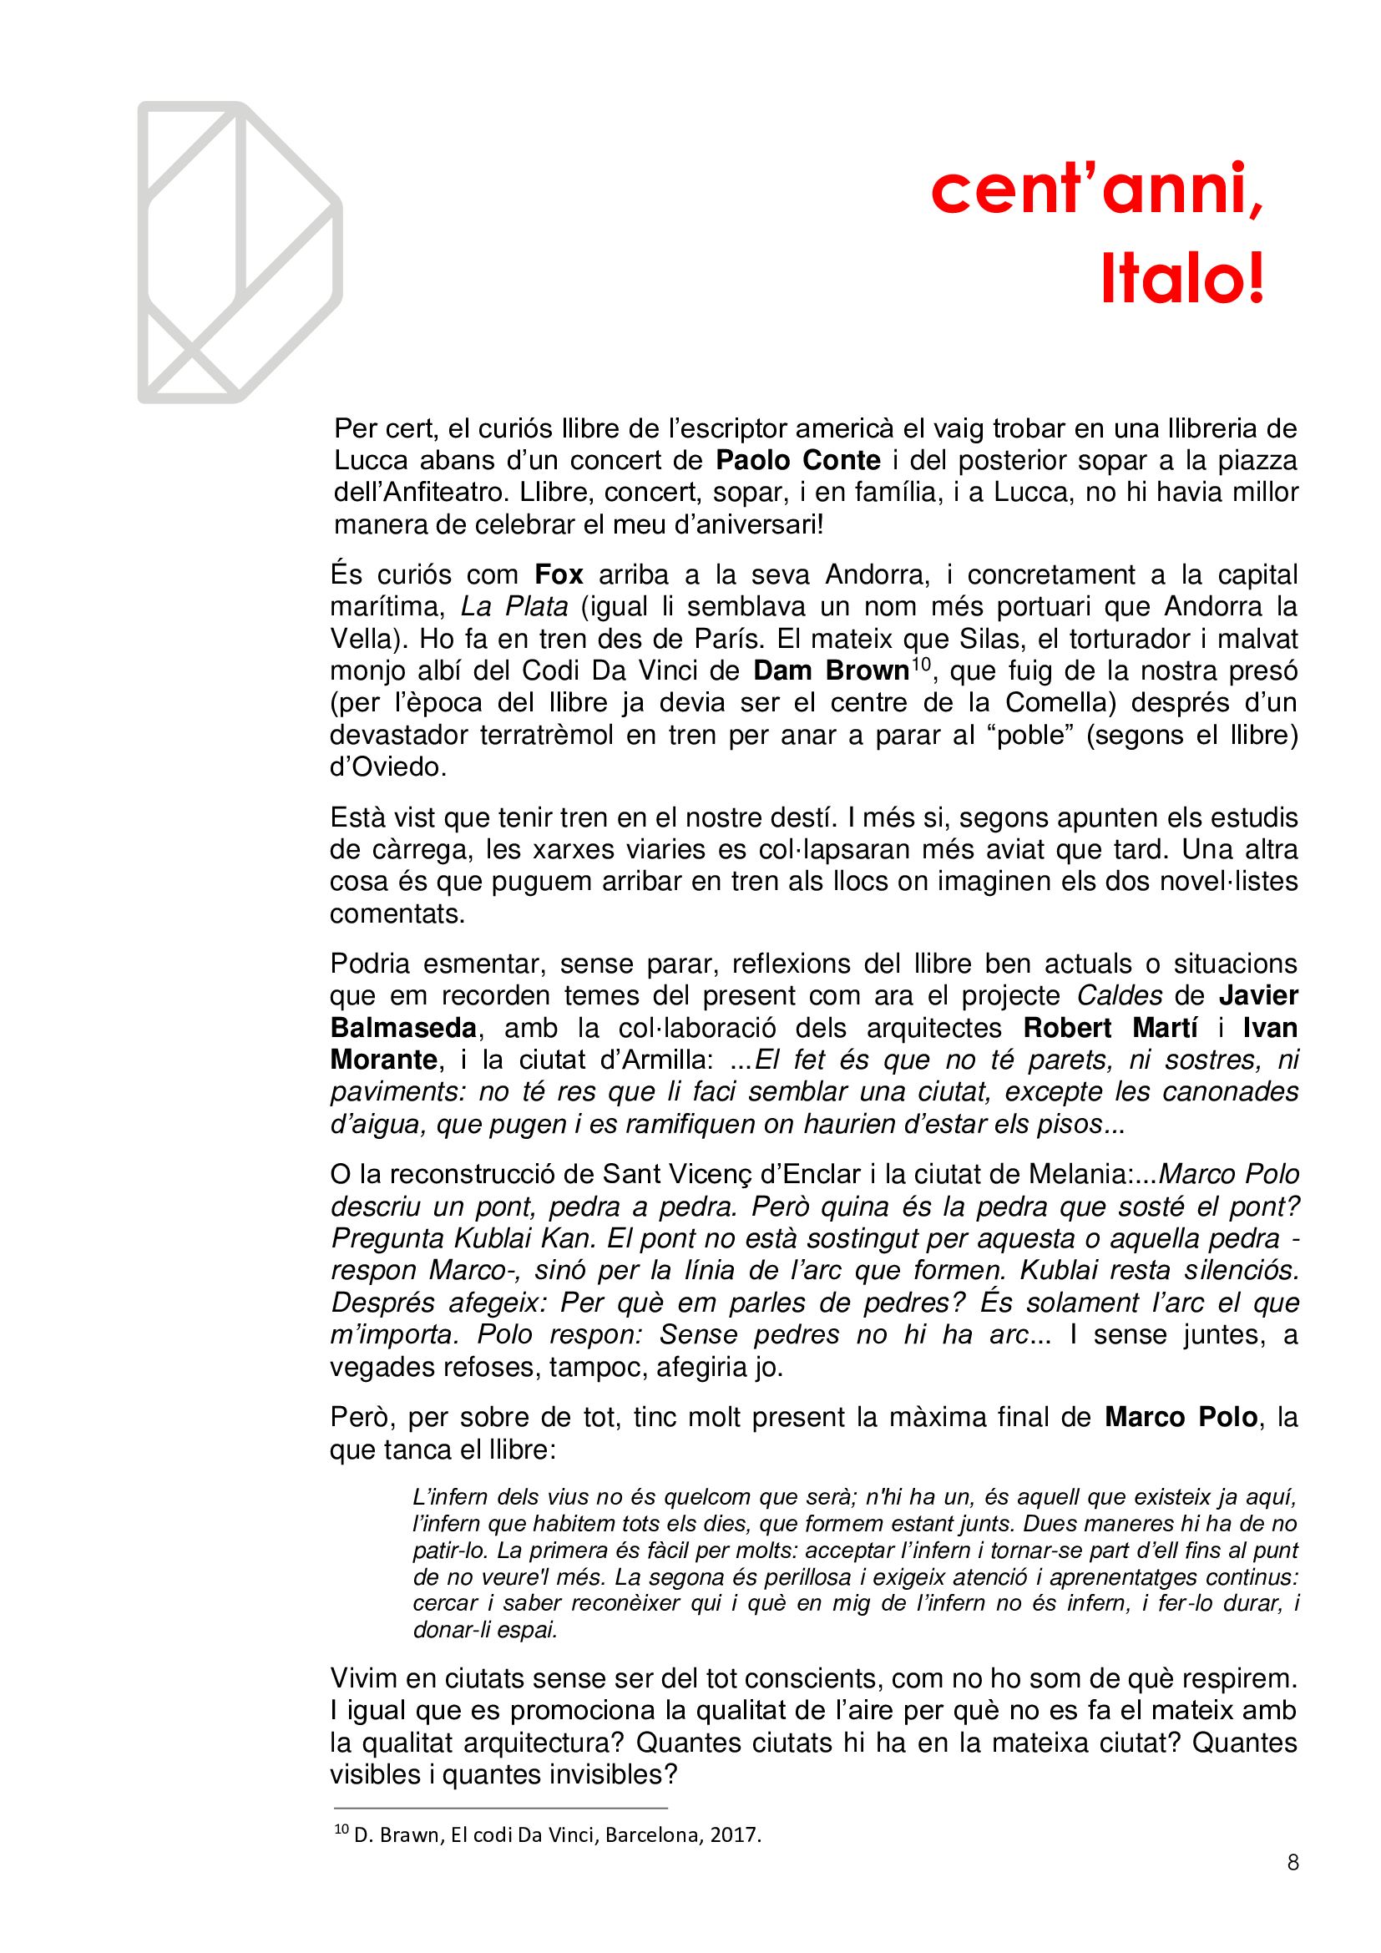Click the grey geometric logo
(240, 252)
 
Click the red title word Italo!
(1182, 278)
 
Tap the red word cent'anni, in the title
(1097, 188)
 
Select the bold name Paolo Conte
(797, 460)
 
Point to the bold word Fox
(559, 575)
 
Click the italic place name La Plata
(513, 606)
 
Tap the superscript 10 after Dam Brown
(921, 663)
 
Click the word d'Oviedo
(387, 767)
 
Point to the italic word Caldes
(1119, 995)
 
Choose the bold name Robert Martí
(1110, 1028)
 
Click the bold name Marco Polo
(1181, 1417)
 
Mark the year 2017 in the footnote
(735, 1835)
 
